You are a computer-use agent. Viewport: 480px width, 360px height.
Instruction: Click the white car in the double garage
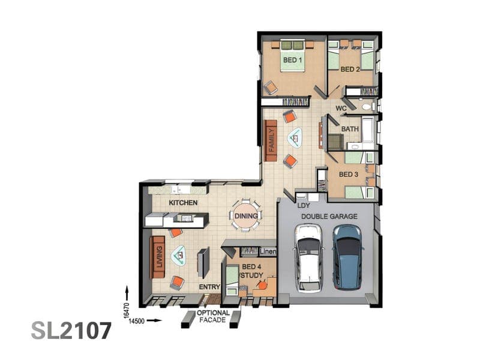point(308,258)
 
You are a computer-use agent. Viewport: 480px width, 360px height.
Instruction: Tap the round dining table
point(246,216)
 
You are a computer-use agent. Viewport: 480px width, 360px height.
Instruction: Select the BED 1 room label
point(292,60)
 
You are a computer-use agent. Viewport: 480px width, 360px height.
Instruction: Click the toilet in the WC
point(367,107)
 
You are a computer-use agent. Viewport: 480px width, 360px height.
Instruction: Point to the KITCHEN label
point(183,203)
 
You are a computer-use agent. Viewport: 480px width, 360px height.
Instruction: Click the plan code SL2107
point(71,331)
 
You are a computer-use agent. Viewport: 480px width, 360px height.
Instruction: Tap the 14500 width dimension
point(137,321)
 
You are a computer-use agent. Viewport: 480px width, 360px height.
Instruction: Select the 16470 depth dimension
point(127,311)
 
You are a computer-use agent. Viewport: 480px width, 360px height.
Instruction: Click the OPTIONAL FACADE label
point(213,317)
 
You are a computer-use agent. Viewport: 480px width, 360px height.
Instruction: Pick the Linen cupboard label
point(268,251)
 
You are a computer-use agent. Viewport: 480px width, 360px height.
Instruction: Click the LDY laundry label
point(304,206)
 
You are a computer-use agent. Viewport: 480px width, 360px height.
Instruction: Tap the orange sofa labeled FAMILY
point(271,140)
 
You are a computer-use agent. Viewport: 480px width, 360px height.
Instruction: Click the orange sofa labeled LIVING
point(158,257)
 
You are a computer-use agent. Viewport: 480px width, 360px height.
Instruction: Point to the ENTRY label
point(209,287)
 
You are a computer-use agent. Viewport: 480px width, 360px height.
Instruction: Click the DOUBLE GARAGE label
point(329,217)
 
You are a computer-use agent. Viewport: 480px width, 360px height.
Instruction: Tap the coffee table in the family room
point(295,138)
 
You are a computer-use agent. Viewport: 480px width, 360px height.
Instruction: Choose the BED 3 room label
point(349,175)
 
